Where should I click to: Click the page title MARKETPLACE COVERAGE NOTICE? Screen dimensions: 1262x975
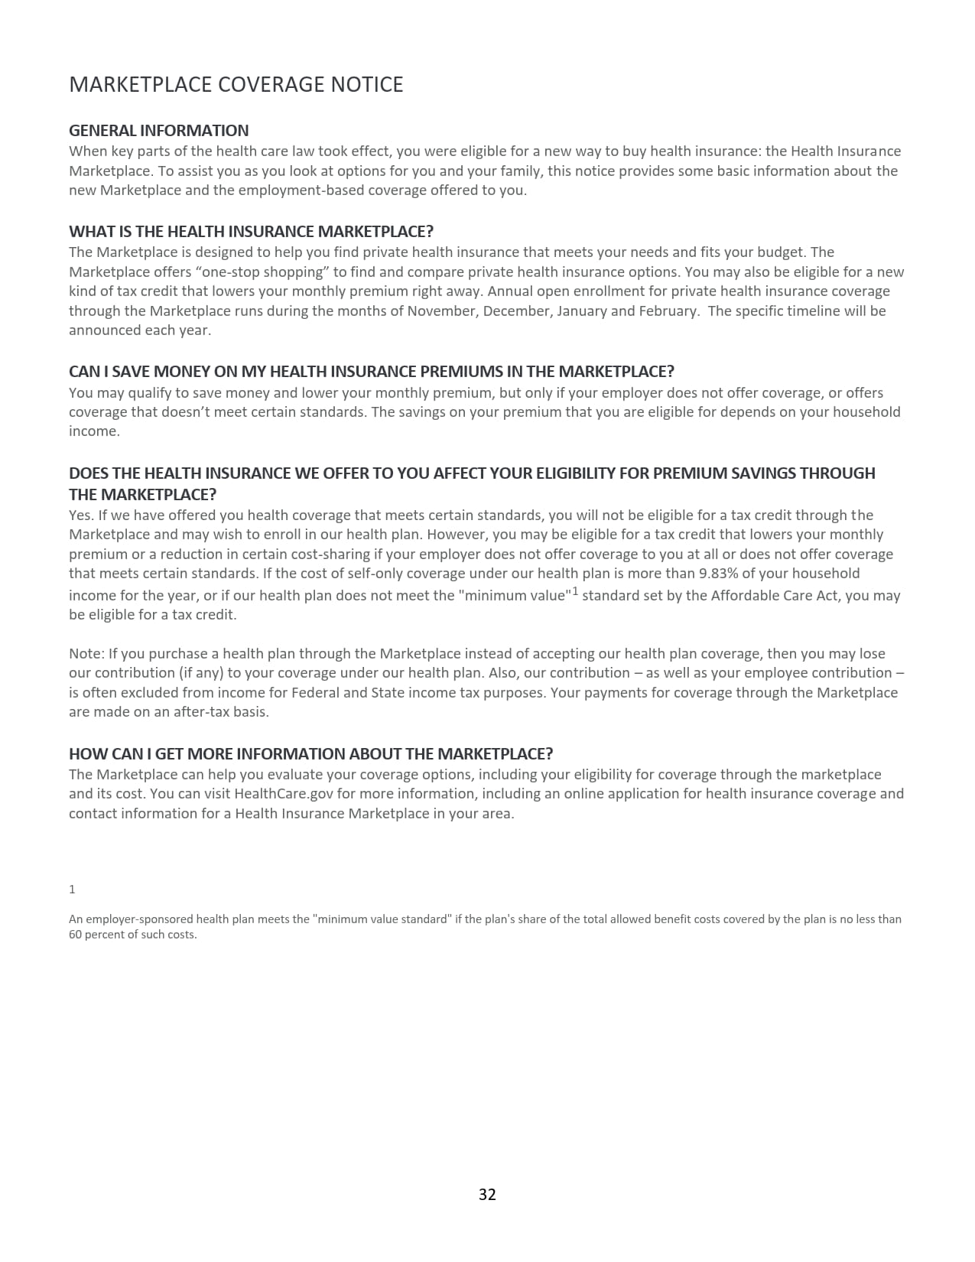click(236, 84)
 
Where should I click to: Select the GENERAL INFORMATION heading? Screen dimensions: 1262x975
click(158, 130)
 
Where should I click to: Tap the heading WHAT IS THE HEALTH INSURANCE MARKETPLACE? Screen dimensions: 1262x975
click(251, 231)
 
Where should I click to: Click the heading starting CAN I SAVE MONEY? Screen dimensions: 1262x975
click(371, 371)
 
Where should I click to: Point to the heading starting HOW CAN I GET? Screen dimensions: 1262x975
click(310, 753)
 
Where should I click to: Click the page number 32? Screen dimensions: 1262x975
click(487, 1194)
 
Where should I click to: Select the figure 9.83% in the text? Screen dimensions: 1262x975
click(722, 574)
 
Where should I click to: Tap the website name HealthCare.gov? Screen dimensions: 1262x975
click(284, 794)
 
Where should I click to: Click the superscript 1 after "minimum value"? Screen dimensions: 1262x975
click(575, 591)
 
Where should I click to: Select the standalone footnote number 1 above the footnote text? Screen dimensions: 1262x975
click(72, 890)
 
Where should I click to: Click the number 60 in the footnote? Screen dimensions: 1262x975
click(76, 935)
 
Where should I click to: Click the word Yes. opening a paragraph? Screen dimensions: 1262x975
click(81, 516)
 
